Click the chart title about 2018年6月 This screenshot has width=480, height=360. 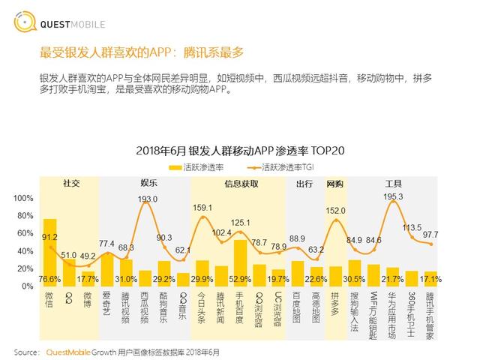(x=240, y=150)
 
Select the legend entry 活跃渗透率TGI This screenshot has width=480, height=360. (x=292, y=166)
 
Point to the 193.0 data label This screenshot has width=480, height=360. (x=148, y=199)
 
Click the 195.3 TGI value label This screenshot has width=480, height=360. (x=393, y=197)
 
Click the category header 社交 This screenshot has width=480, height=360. (x=71, y=184)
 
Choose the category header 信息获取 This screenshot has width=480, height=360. (x=241, y=184)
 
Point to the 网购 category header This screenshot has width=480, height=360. (x=334, y=184)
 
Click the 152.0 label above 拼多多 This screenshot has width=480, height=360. (x=335, y=211)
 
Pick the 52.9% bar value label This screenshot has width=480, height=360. (x=241, y=279)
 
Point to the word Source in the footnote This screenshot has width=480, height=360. (x=26, y=351)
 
